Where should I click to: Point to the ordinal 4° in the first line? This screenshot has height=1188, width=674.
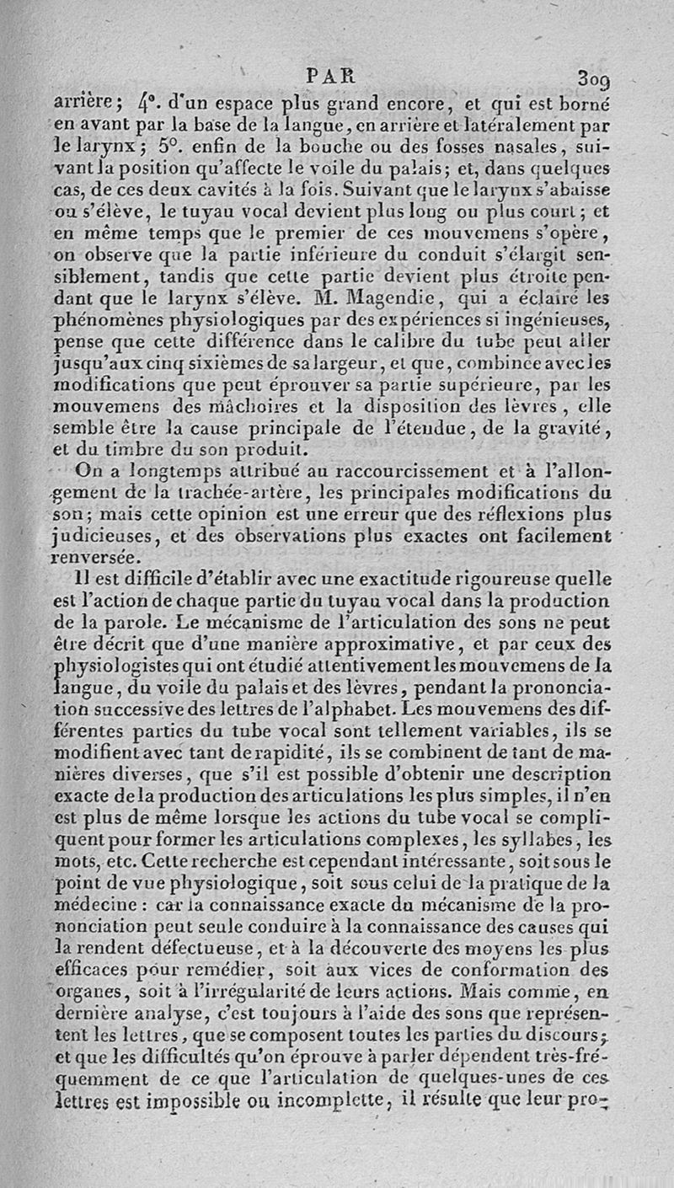click(x=144, y=108)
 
